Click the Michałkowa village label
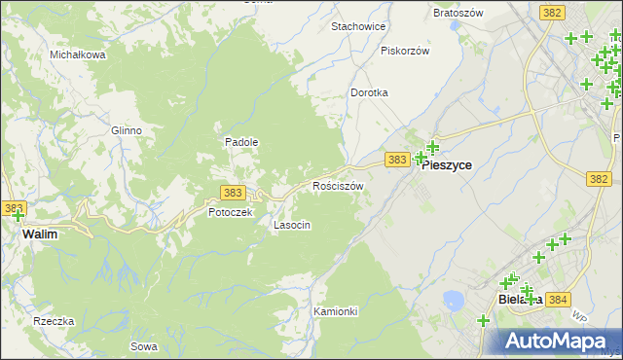point(78,54)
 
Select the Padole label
point(241,142)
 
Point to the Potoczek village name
point(231,212)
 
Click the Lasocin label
point(292,225)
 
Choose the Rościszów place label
point(338,186)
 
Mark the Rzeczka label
point(54,322)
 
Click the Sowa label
point(143,346)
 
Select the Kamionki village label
point(337,311)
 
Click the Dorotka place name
point(369,92)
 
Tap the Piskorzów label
point(405,51)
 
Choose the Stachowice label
point(358,26)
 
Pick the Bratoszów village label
point(458,15)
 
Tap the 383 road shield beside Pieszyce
point(395,159)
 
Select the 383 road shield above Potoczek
point(233,193)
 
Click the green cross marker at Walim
point(18,215)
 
